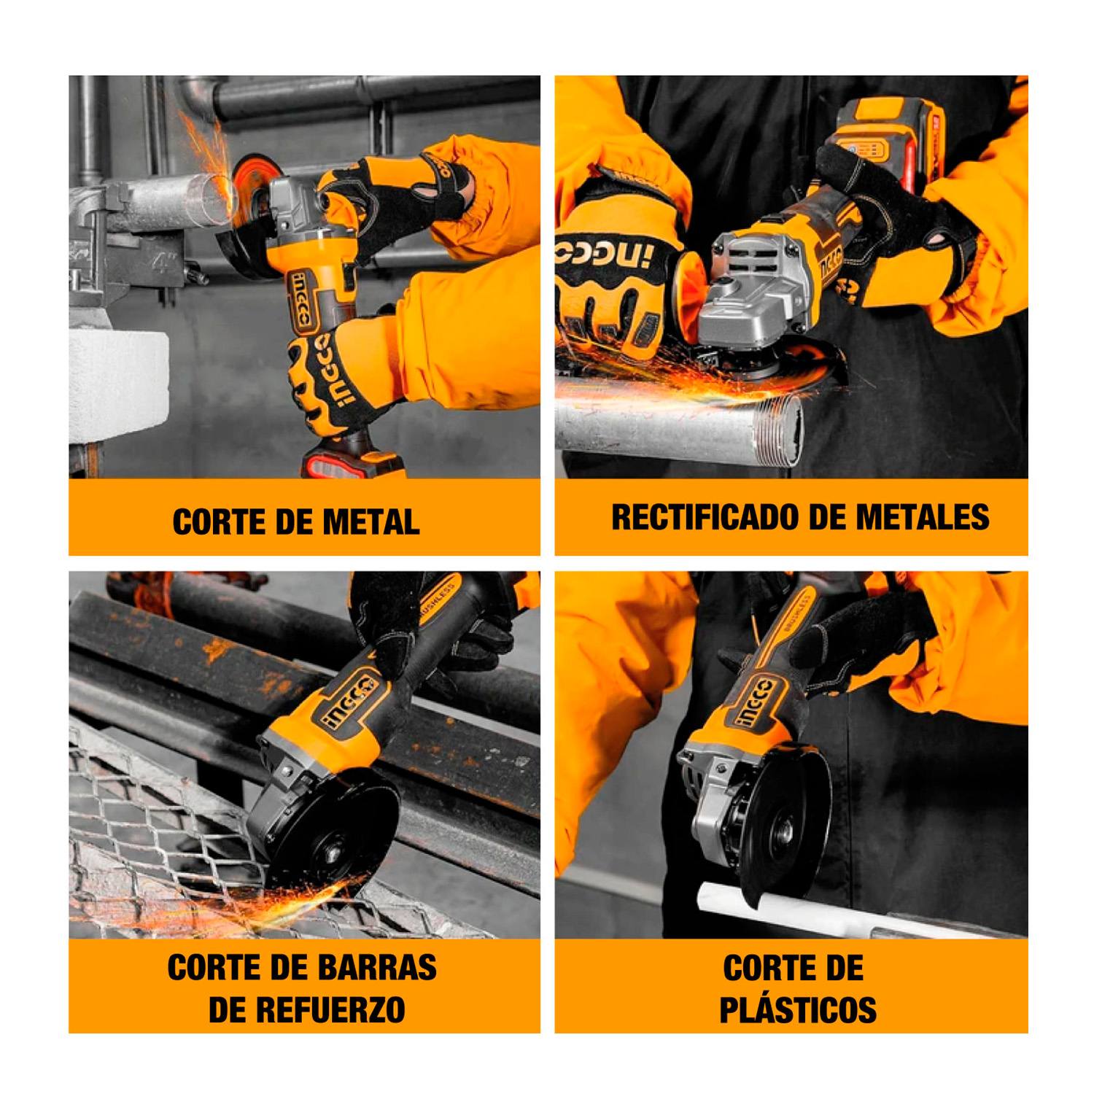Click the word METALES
(923, 517)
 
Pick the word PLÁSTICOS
(798, 1010)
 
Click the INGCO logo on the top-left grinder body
(301, 299)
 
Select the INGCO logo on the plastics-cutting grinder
(756, 702)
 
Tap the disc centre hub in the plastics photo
(784, 829)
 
